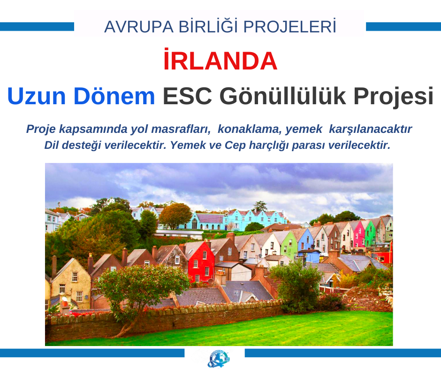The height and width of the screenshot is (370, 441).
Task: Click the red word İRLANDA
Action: (220, 60)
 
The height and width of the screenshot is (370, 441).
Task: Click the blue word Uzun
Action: (37, 96)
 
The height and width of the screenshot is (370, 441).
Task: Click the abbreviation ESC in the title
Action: (187, 96)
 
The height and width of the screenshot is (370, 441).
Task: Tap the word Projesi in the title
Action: (393, 97)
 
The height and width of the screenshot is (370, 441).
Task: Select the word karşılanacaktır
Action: (371, 129)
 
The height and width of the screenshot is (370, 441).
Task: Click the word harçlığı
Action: (269, 146)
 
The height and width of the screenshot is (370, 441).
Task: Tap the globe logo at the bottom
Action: (219, 358)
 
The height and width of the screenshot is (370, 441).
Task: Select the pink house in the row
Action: (359, 233)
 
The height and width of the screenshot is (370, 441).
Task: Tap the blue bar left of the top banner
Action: (37, 27)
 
